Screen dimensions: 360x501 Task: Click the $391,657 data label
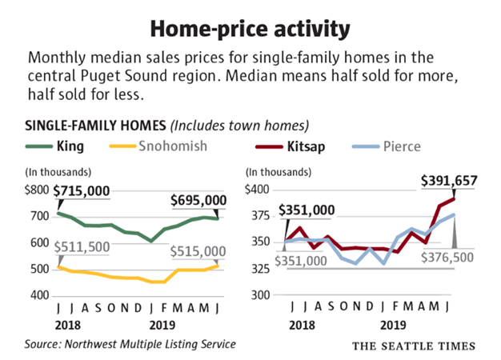click(450, 181)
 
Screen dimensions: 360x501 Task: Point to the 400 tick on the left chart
click(40, 295)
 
